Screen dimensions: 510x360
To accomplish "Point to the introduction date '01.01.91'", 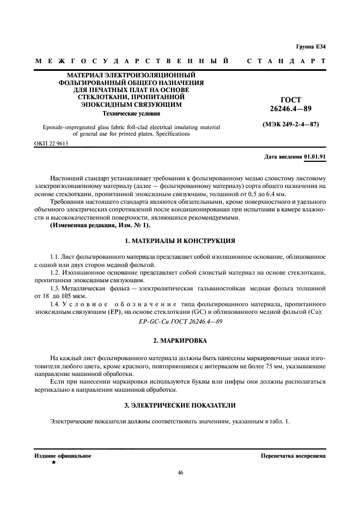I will (315, 156).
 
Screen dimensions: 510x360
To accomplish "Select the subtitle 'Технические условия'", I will (132, 114).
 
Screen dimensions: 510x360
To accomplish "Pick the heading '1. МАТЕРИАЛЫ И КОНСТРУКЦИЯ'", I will (180, 240).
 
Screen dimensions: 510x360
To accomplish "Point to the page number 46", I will (180, 472).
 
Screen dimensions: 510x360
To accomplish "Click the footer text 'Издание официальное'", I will (63, 455).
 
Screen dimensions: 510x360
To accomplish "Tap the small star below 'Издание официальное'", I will (53, 462).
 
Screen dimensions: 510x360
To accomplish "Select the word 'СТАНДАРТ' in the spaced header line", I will (286, 62).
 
